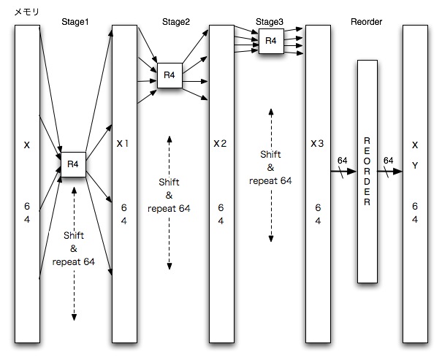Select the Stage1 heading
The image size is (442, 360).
[x=75, y=22]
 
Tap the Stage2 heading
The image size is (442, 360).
[x=176, y=22]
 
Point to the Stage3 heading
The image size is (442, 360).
[x=270, y=22]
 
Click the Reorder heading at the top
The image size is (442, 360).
[x=366, y=22]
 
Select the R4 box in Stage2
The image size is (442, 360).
[x=169, y=75]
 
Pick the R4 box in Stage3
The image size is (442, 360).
[x=271, y=41]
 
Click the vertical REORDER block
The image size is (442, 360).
[x=367, y=172]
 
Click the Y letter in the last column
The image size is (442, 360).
[x=415, y=166]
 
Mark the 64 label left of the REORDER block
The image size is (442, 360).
[x=342, y=161]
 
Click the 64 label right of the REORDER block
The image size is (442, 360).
[x=389, y=161]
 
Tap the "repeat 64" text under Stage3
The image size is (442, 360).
[x=270, y=181]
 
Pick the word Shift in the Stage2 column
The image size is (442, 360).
[x=169, y=182]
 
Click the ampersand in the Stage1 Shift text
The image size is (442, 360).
[x=74, y=248]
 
